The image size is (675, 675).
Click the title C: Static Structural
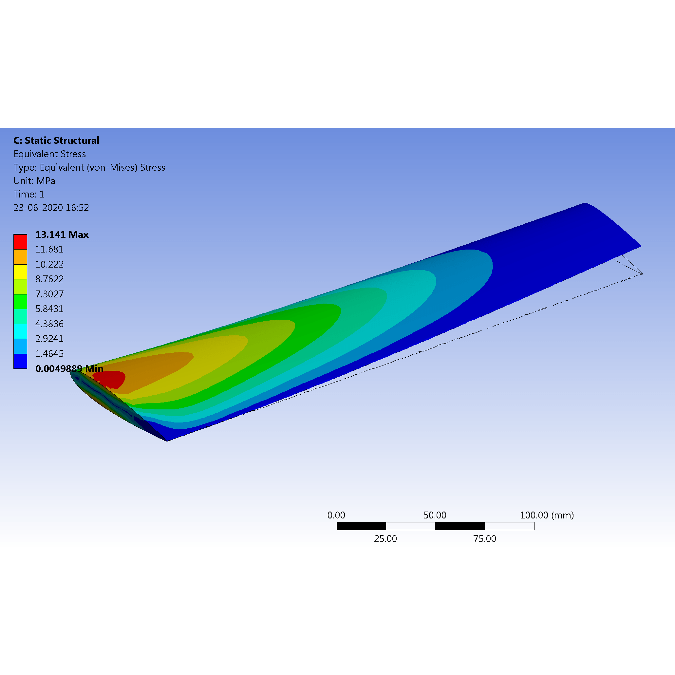point(56,141)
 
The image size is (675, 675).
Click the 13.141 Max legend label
point(62,234)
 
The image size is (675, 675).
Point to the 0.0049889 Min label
point(69,368)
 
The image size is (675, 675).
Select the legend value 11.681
point(49,250)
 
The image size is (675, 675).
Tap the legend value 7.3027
point(49,294)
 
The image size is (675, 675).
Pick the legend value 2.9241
point(49,339)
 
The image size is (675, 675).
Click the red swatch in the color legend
point(20,242)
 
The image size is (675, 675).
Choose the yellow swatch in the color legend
point(20,272)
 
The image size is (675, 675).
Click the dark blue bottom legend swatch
point(20,361)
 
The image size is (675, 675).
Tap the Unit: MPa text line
point(34,181)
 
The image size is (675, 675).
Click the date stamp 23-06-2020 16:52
point(51,208)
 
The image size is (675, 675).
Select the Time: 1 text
point(29,194)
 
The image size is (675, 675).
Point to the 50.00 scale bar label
point(435,515)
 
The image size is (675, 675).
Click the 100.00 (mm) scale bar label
point(547,515)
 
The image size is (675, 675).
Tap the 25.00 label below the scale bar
point(385,539)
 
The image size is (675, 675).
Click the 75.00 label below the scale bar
point(485,539)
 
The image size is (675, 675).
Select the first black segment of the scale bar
point(361,526)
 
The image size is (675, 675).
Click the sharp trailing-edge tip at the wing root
point(167,441)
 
